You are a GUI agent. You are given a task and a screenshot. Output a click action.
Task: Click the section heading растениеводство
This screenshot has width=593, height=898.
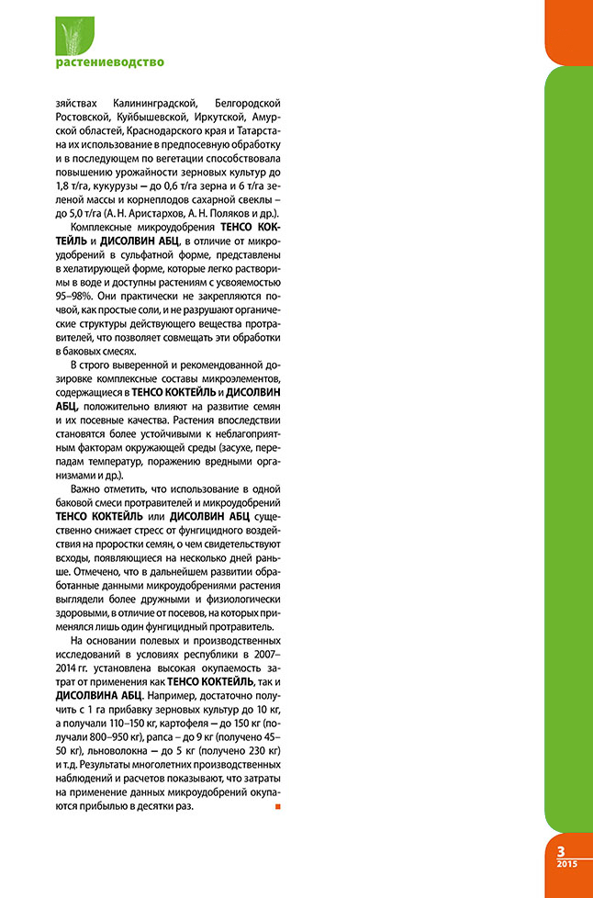point(110,62)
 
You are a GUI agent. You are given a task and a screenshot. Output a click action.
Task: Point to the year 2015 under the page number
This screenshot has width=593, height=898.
point(566,864)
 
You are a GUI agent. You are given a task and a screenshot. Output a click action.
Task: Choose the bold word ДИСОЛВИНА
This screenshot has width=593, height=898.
point(93,695)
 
